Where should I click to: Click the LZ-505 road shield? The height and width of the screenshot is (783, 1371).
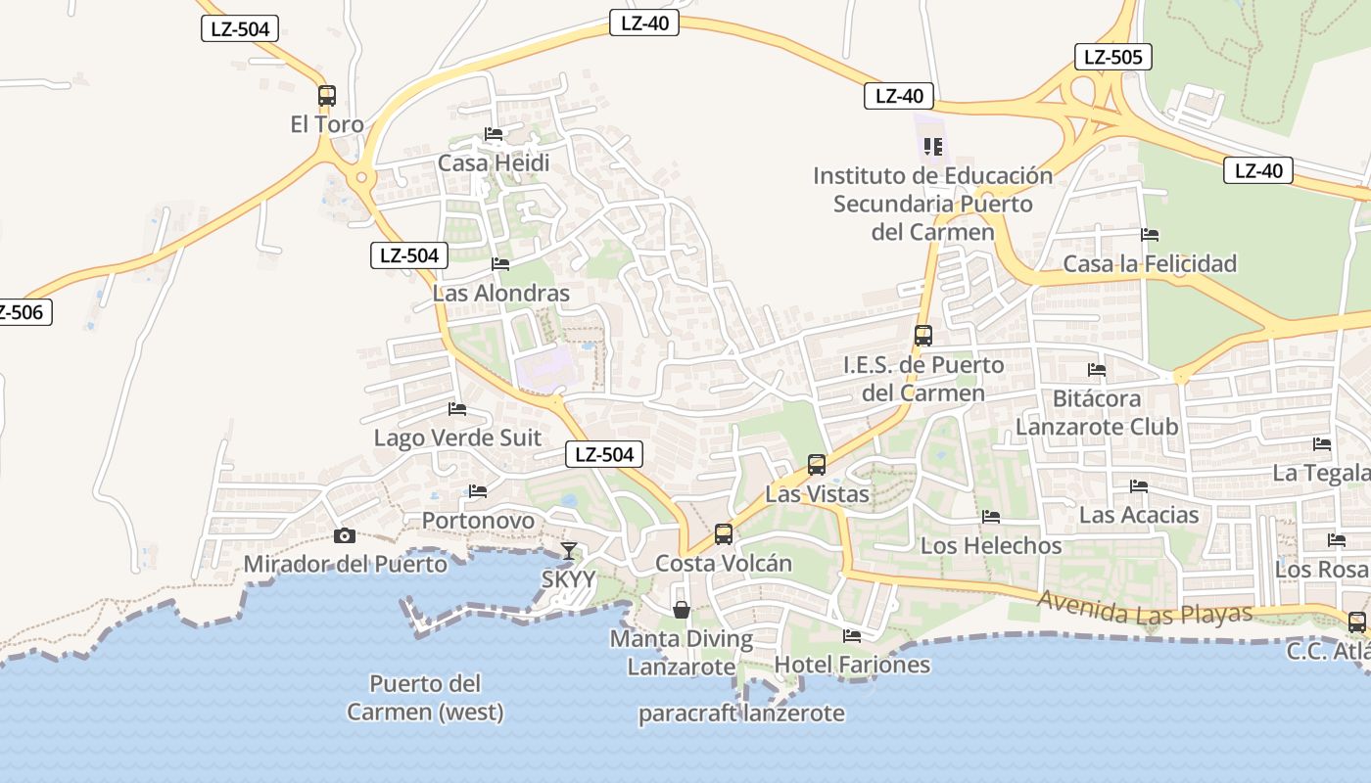1112,57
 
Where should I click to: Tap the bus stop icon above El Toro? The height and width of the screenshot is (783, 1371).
327,96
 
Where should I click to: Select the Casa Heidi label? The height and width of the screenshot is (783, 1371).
494,162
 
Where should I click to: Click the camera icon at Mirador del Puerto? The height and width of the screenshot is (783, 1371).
344,535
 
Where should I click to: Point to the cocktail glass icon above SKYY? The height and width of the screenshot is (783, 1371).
568,550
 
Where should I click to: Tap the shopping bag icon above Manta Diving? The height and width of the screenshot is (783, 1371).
682,610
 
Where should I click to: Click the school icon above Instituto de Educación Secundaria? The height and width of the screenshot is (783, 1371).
933,147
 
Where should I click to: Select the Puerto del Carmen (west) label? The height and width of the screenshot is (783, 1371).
425,697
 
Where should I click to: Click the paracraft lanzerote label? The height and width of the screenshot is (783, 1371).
741,713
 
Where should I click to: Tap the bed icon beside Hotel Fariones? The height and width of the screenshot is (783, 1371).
852,636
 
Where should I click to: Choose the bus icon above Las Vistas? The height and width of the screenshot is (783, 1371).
817,465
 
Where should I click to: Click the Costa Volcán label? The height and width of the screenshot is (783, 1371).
724,563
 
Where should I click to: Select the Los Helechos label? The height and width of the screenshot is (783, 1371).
991,545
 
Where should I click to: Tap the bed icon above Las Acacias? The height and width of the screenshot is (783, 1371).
1138,485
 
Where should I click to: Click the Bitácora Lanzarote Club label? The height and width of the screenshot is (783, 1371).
1097,413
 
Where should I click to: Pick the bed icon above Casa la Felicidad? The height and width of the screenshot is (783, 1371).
1150,235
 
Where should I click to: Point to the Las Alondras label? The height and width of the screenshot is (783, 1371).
501,293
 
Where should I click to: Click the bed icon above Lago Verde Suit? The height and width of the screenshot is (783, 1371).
457,409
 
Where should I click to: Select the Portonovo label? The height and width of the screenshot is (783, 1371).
478,520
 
